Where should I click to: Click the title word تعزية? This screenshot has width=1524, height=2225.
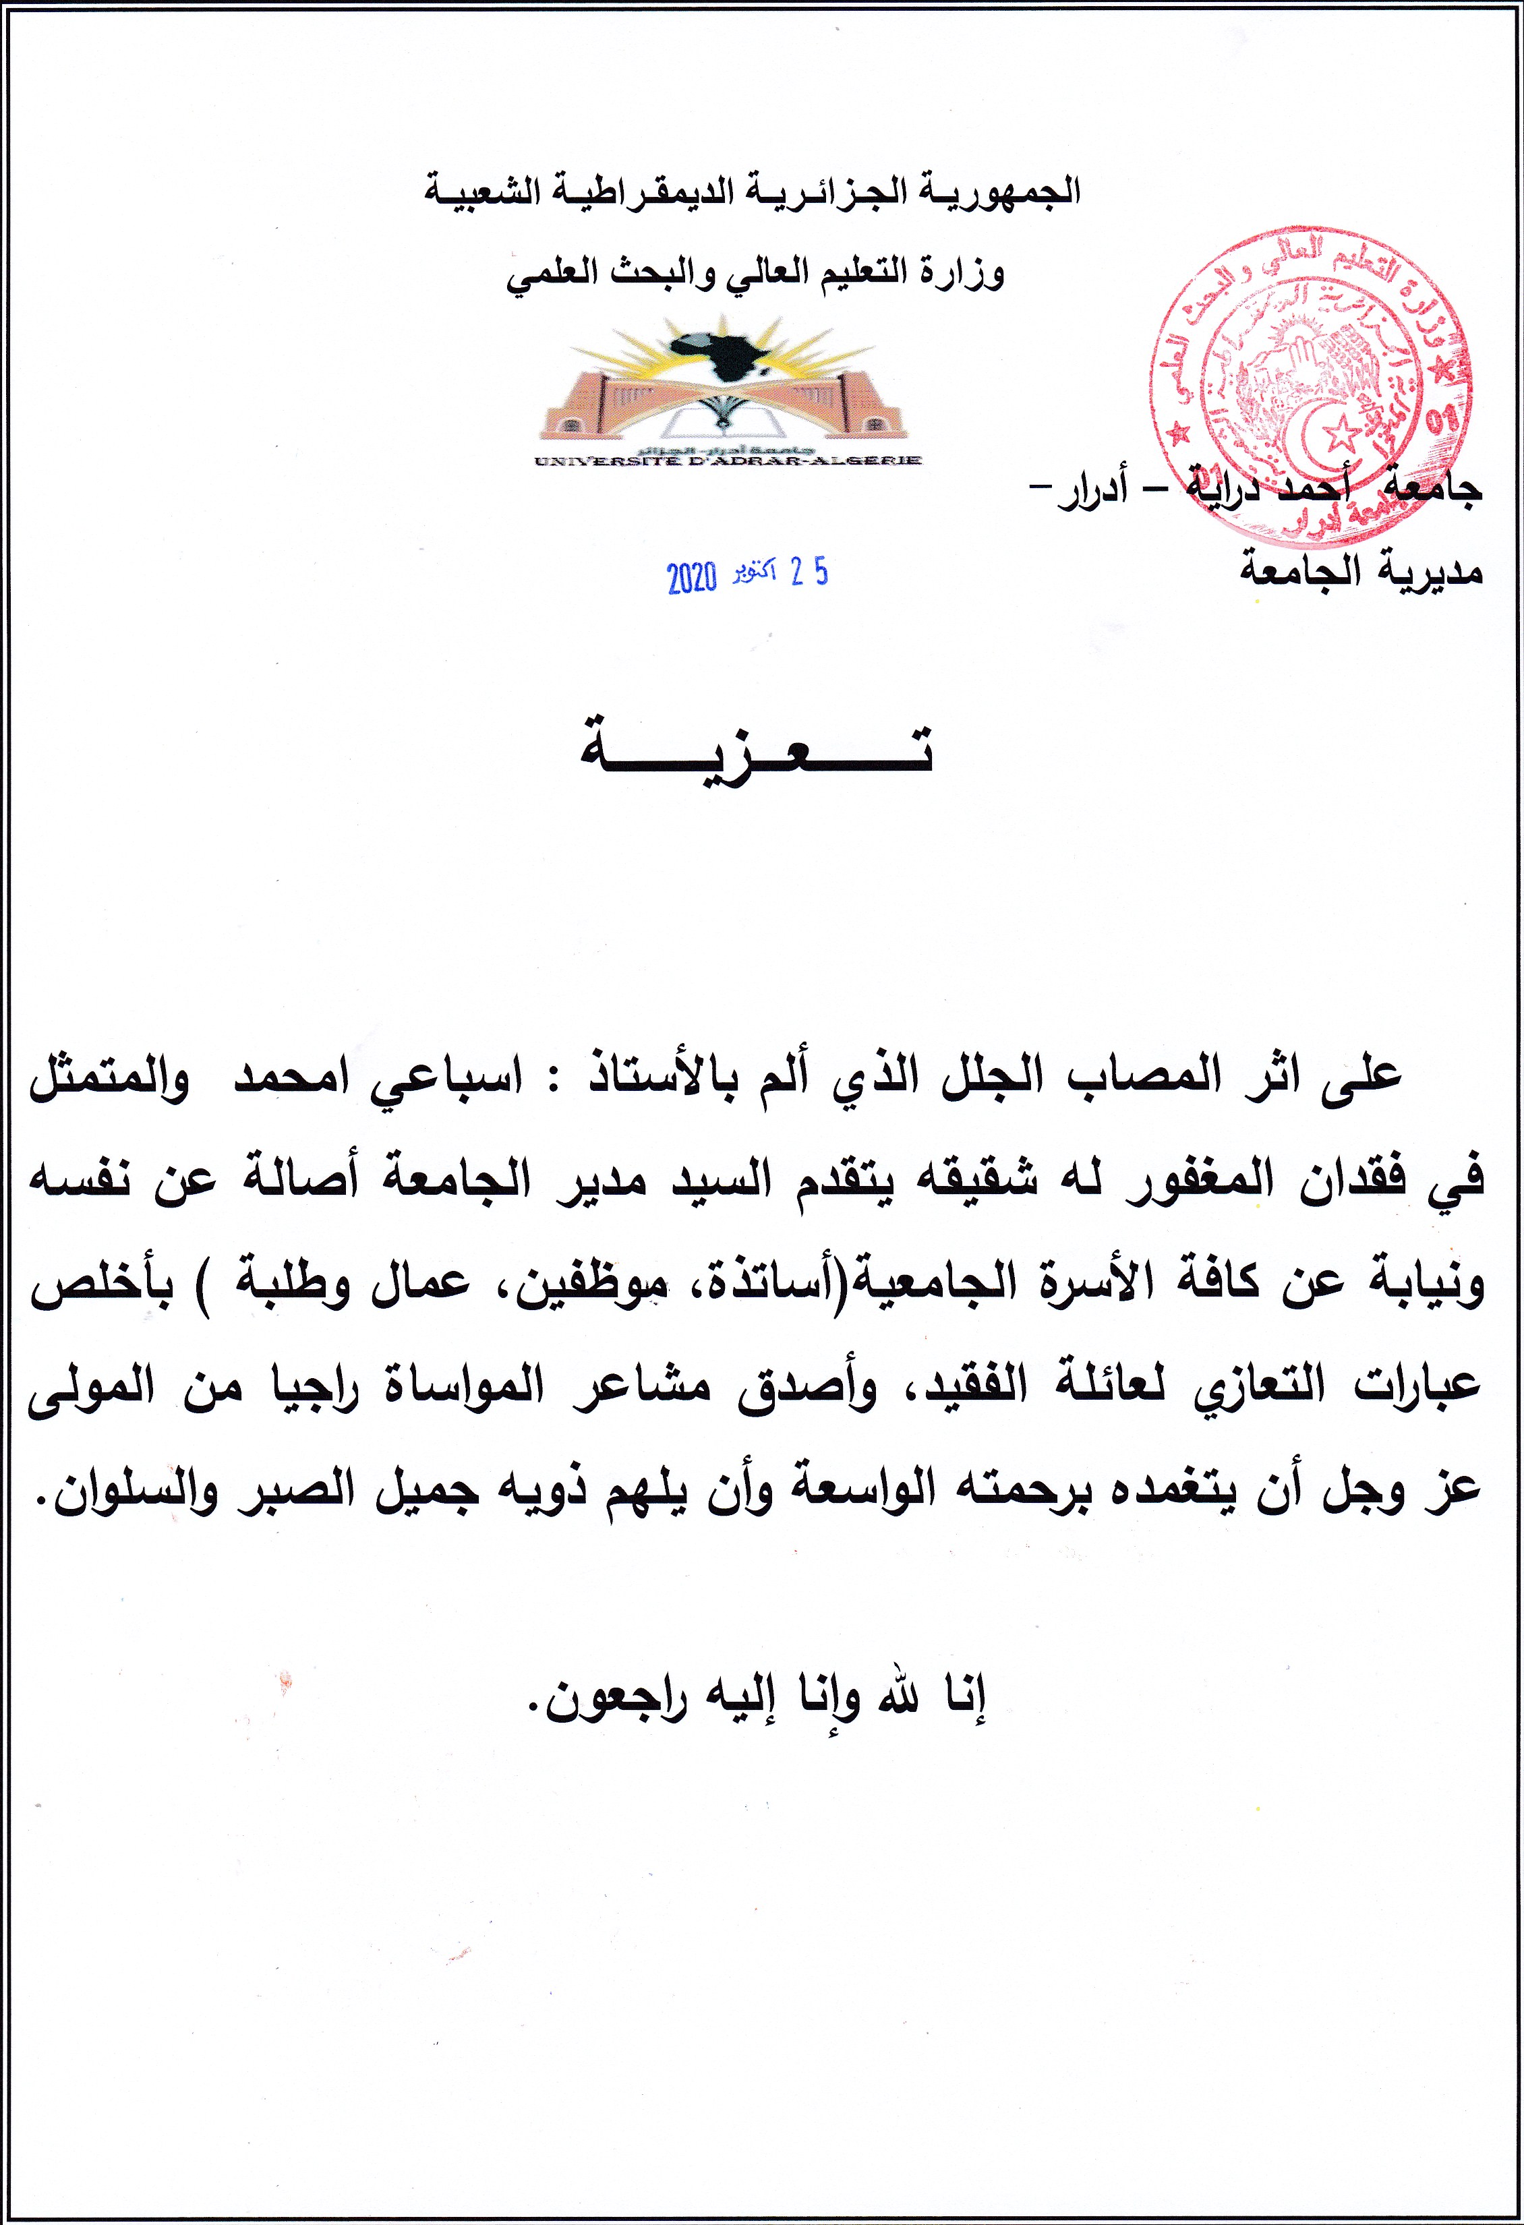tap(756, 748)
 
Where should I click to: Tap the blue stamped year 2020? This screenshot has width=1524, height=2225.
tap(691, 577)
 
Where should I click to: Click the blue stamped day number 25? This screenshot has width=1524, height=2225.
tap(809, 572)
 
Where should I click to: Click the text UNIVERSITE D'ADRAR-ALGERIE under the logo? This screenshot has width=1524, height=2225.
tap(728, 461)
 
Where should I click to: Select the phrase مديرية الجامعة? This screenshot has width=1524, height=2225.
tap(1360, 572)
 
